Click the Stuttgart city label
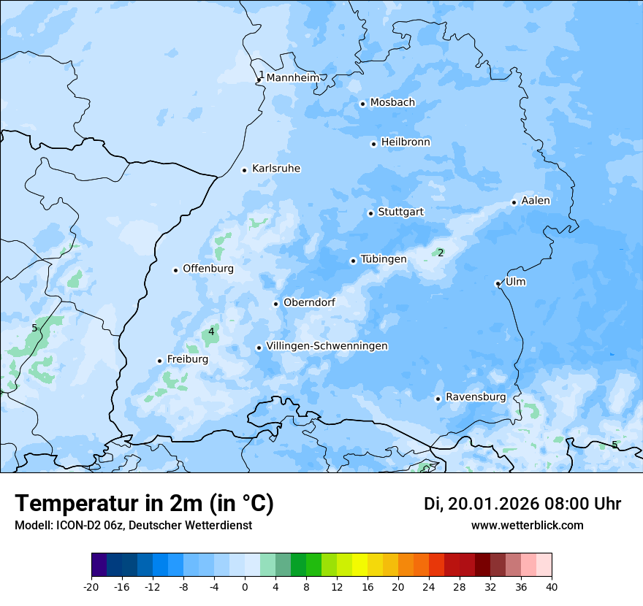pyautogui.click(x=400, y=212)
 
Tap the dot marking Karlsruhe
pyautogui.click(x=245, y=170)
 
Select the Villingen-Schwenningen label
pyautogui.click(x=327, y=346)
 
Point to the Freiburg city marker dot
pyautogui.click(x=159, y=361)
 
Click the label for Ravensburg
pyautogui.click(x=475, y=397)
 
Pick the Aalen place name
pyautogui.click(x=536, y=201)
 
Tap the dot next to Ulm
pyautogui.click(x=498, y=283)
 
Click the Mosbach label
pyautogui.click(x=392, y=102)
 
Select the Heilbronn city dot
pyautogui.click(x=373, y=144)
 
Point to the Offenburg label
pyautogui.click(x=208, y=269)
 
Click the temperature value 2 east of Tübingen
pyautogui.click(x=441, y=253)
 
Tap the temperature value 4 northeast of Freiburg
pyautogui.click(x=211, y=331)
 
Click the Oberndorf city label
pyautogui.click(x=309, y=302)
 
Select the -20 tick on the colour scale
pyautogui.click(x=91, y=587)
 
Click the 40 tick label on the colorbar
pyautogui.click(x=552, y=587)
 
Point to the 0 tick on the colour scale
pyautogui.click(x=245, y=587)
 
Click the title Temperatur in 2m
pyautogui.click(x=145, y=504)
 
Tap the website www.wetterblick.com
pyautogui.click(x=527, y=525)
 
